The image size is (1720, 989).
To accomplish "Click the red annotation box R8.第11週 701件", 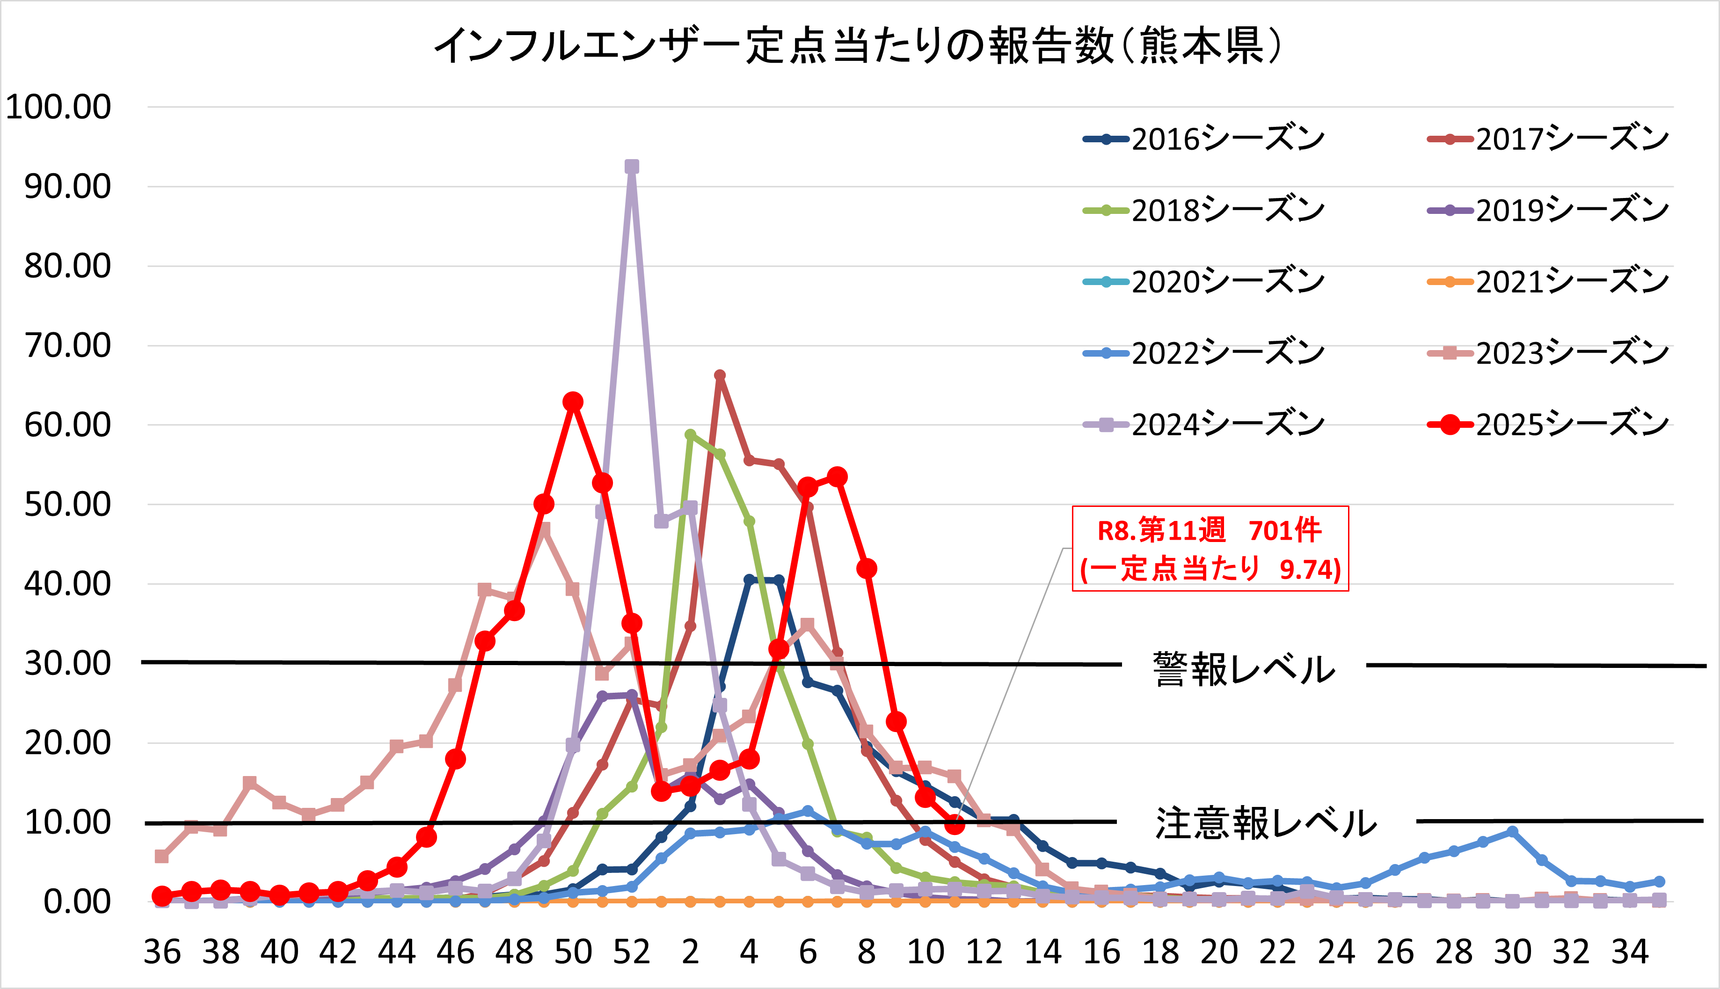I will [x=1210, y=549].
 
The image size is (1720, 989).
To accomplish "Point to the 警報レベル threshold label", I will [x=1244, y=669].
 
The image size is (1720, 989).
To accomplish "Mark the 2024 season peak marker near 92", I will [x=632, y=167].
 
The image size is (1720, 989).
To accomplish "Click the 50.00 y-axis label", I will [x=67, y=504].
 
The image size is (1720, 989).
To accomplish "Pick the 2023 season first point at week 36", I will [x=161, y=856].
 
